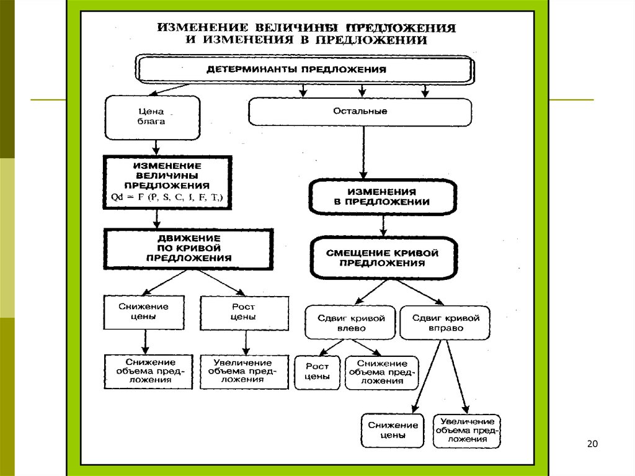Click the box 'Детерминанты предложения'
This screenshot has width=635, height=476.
[305, 70]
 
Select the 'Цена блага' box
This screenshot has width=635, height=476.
[153, 117]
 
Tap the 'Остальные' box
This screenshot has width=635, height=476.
[360, 112]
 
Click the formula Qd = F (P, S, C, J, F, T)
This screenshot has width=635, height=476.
[166, 198]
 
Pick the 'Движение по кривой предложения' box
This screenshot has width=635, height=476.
[189, 248]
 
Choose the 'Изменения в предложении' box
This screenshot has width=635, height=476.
[382, 197]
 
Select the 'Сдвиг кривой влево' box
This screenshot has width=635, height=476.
[350, 323]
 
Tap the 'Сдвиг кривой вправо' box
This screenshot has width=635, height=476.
[445, 323]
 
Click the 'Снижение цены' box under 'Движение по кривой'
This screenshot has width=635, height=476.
[144, 312]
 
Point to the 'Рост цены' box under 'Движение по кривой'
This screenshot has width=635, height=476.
[244, 312]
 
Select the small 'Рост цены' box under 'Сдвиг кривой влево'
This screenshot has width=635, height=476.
[317, 372]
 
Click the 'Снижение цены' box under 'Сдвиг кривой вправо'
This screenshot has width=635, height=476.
[393, 430]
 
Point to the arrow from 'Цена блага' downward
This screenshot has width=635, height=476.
[156, 147]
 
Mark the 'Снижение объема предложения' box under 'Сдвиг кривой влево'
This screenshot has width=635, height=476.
[381, 372]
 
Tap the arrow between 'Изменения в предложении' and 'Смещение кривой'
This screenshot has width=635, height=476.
[384, 225]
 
